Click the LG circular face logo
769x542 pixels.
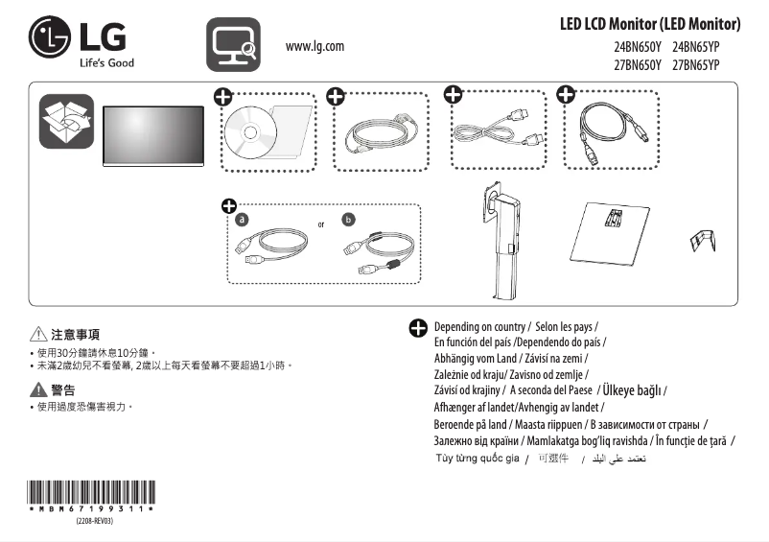[50, 39]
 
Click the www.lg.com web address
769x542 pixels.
[315, 46]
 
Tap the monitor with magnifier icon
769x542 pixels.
[233, 44]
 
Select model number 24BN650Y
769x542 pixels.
[638, 47]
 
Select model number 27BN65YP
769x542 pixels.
[696, 65]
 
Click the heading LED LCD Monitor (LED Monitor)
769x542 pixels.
[650, 24]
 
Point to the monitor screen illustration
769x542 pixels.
[153, 131]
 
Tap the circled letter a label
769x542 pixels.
[243, 219]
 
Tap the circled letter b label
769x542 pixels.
[348, 219]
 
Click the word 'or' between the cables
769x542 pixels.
[321, 224]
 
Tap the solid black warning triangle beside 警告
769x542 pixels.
[37, 389]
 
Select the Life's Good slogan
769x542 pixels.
[106, 63]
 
